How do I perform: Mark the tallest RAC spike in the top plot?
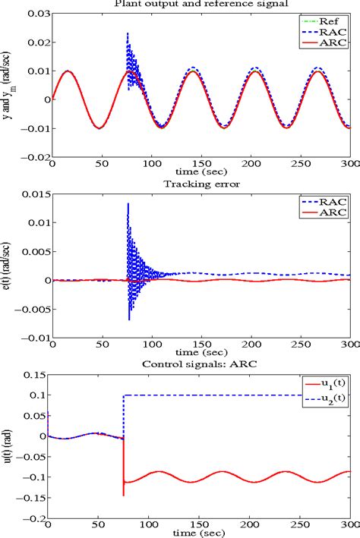tap(128, 33)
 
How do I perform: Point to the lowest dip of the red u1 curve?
tap(123, 495)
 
